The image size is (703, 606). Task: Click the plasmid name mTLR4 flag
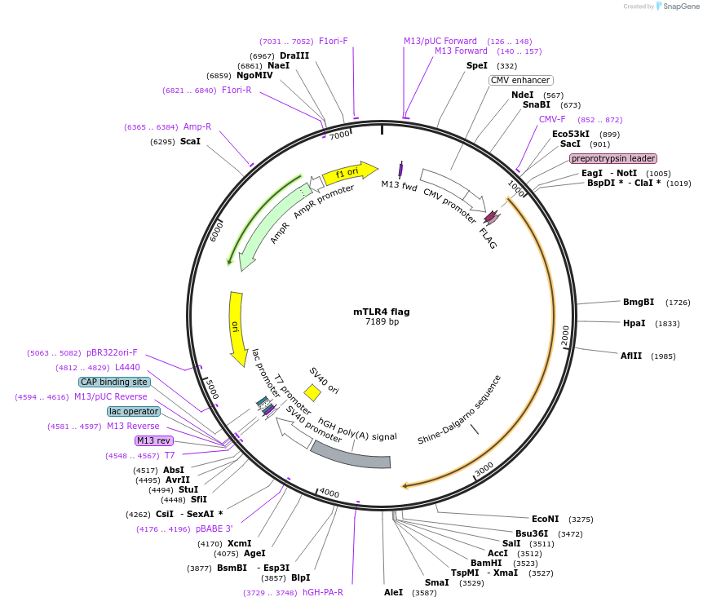[381, 312]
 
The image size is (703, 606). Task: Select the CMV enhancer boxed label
[520, 80]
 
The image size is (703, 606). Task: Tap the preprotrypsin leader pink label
[612, 158]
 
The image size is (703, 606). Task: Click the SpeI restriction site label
[476, 65]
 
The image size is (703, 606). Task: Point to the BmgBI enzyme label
[639, 302]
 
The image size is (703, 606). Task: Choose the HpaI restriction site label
[634, 323]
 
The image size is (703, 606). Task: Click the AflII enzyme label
[631, 356]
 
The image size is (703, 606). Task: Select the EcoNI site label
[545, 519]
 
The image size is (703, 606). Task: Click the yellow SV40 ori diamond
[312, 393]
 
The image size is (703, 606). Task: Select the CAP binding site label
[114, 382]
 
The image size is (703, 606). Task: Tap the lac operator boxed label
[133, 411]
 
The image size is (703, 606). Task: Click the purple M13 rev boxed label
[154, 440]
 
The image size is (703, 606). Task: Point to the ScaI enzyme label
[190, 141]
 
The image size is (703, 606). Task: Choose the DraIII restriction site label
[294, 55]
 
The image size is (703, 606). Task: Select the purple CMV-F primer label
[552, 119]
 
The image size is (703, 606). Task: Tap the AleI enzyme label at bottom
[393, 592]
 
